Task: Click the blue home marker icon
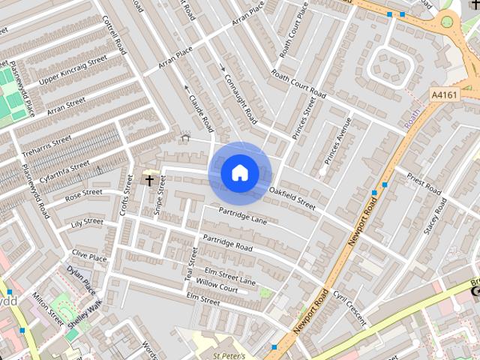(x=240, y=173)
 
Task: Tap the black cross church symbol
(x=148, y=180)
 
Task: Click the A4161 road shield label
(x=445, y=95)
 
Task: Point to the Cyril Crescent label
(x=349, y=306)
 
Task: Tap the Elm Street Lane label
(x=230, y=275)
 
